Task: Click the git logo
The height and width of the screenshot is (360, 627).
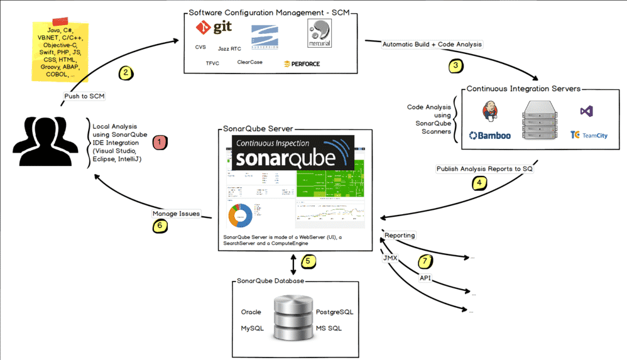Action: click(210, 28)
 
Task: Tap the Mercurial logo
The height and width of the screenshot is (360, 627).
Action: click(319, 33)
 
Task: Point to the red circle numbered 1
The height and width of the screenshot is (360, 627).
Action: click(160, 142)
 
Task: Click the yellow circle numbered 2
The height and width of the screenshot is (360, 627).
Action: click(126, 72)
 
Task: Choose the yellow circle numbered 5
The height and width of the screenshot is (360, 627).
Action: click(307, 260)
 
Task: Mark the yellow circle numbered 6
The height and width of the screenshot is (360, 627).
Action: click(160, 226)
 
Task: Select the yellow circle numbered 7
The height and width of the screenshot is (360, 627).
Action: click(426, 260)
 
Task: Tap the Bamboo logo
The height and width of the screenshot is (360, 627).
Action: click(490, 135)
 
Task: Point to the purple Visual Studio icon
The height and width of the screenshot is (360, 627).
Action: click(587, 111)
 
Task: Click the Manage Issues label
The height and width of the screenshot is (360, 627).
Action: click(176, 214)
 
